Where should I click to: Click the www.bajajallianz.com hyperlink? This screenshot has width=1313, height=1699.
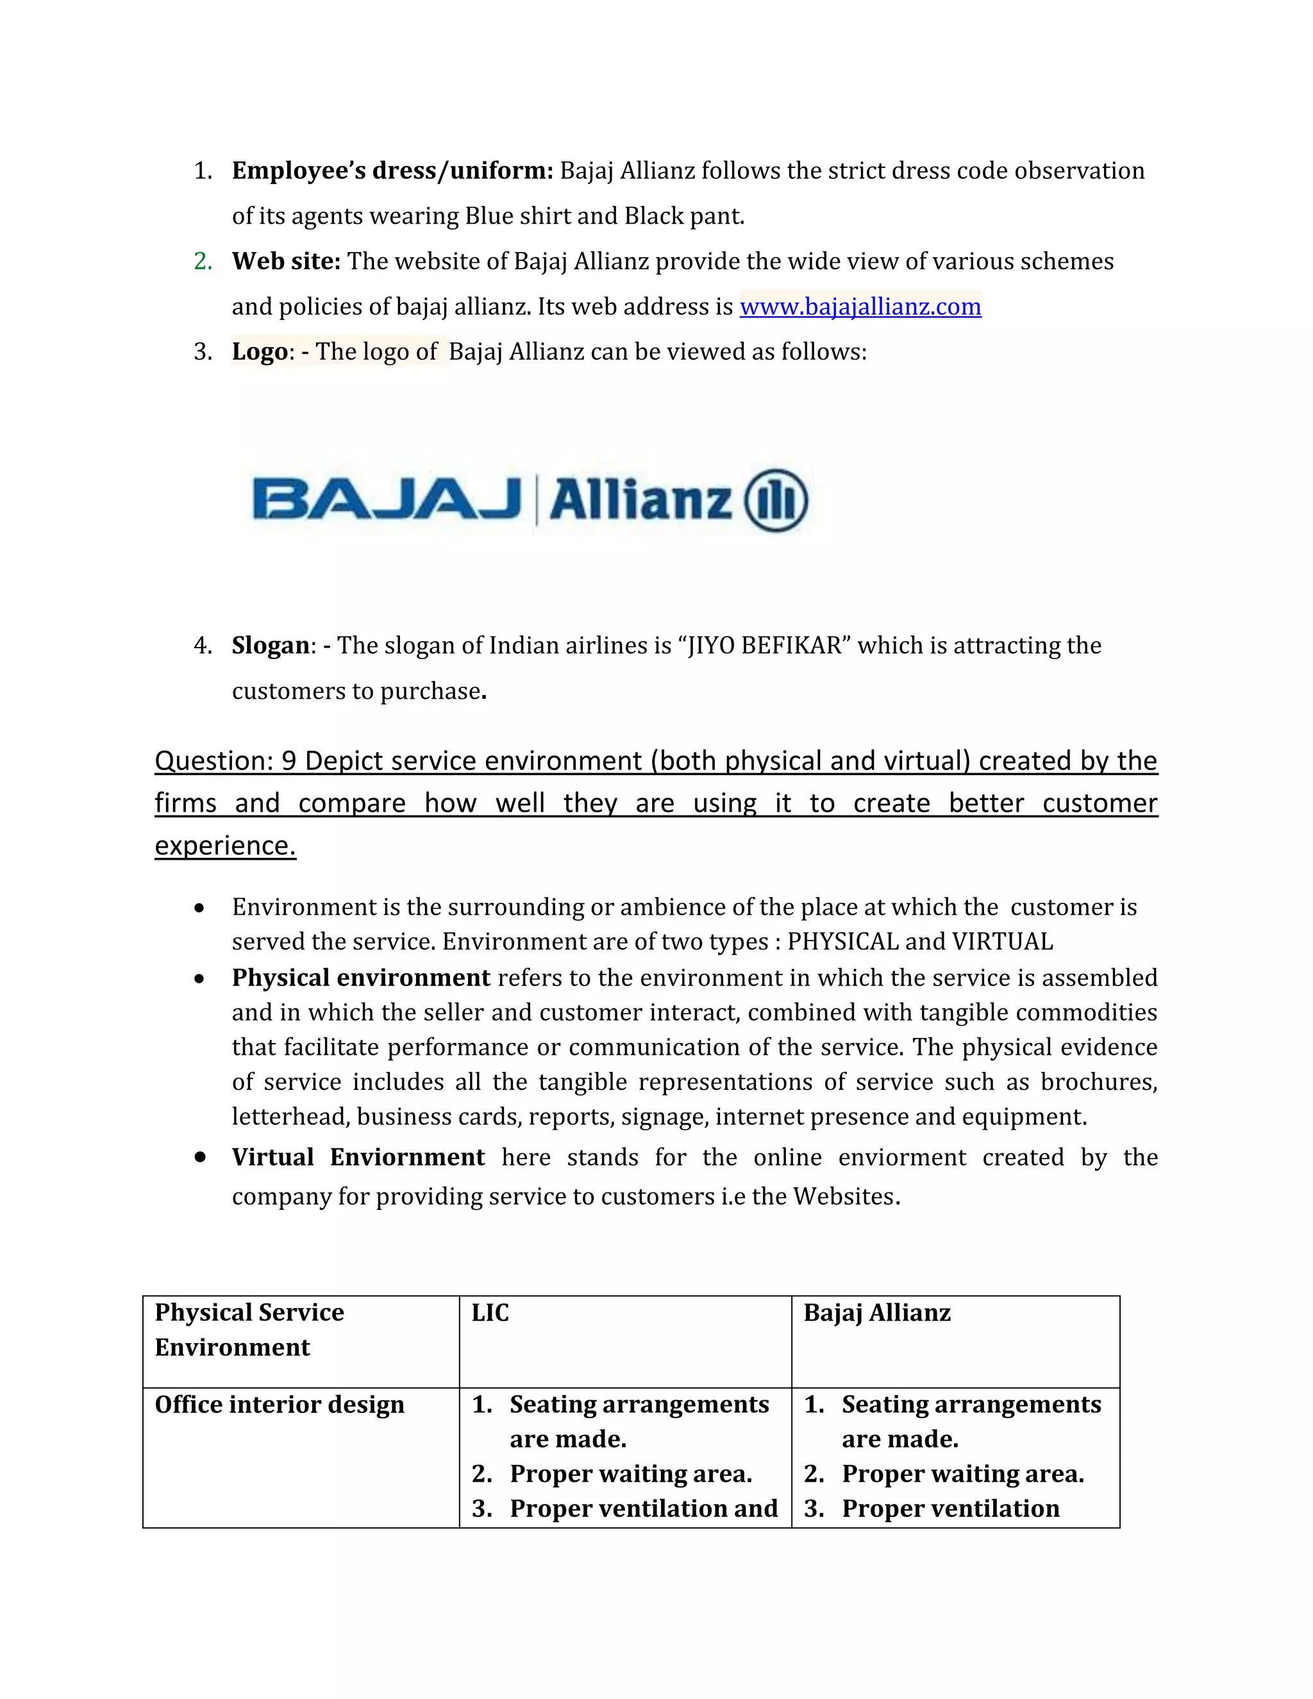860,306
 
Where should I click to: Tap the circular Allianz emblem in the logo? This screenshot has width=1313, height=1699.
776,501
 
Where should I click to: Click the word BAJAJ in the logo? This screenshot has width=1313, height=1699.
387,499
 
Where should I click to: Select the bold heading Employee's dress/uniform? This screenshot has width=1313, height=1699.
392,171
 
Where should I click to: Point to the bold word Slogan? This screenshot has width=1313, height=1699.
270,646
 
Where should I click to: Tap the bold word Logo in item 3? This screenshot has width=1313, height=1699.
260,351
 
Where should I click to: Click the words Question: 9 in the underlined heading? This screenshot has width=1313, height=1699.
225,761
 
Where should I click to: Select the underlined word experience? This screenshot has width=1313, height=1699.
225,846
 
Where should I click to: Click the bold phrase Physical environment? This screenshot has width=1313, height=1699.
360,978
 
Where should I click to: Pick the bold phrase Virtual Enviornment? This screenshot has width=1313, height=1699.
358,1157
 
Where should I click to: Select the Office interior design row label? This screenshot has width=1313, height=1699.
280,1405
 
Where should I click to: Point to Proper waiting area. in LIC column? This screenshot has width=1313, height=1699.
630,1474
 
